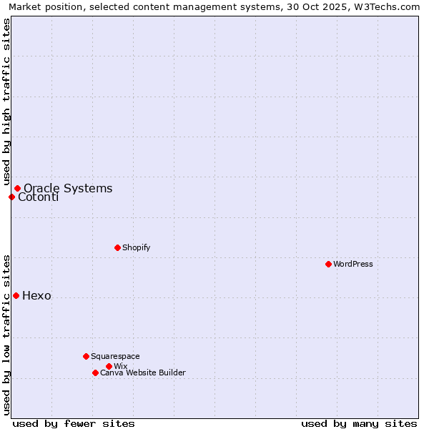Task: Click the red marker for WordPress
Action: pyautogui.click(x=328, y=264)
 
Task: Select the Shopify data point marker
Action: pyautogui.click(x=117, y=247)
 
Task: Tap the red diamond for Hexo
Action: pyautogui.click(x=16, y=295)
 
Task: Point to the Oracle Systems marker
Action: pyautogui.click(x=17, y=188)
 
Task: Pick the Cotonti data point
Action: pyautogui.click(x=11, y=197)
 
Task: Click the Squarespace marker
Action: pyautogui.click(x=86, y=356)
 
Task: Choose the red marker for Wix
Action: pyautogui.click(x=109, y=366)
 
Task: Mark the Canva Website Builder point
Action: pyautogui.click(x=95, y=373)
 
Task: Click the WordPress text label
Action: pyautogui.click(x=353, y=264)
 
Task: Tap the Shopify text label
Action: pyautogui.click(x=136, y=247)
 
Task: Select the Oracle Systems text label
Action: pyautogui.click(x=68, y=189)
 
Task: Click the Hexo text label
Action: pyautogui.click(x=36, y=296)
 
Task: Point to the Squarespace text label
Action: pyautogui.click(x=115, y=356)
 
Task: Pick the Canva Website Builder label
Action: pyautogui.click(x=142, y=373)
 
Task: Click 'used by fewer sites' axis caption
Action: pyautogui.click(x=74, y=423)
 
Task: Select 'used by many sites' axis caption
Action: pyautogui.click(x=359, y=423)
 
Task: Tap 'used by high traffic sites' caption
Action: pyautogui.click(x=6, y=102)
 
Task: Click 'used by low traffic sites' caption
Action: pyautogui.click(x=6, y=334)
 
